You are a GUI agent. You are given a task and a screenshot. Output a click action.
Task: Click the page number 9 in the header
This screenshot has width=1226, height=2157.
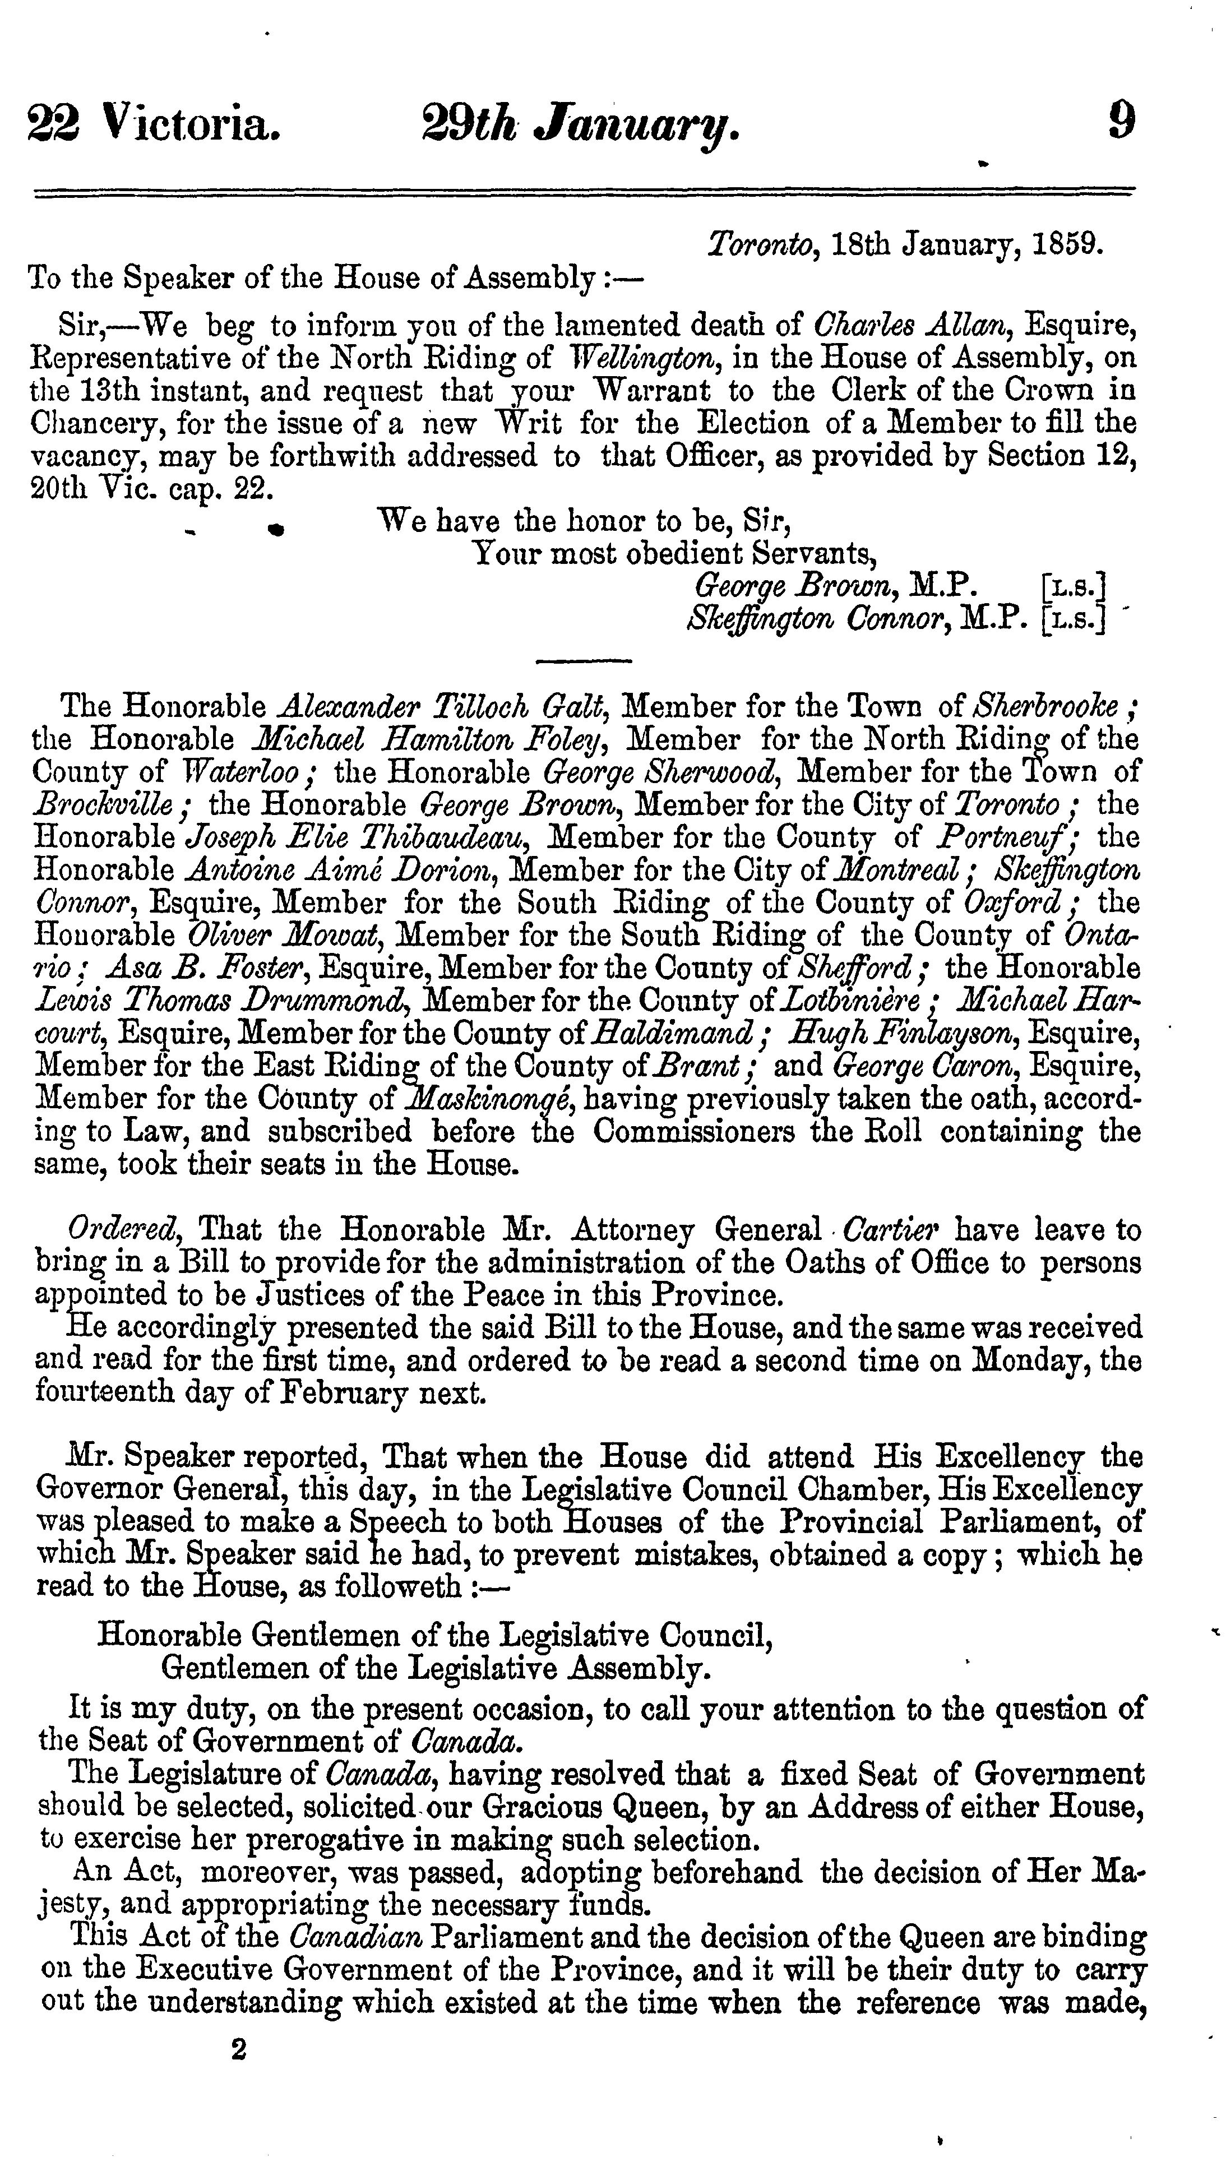click(1121, 121)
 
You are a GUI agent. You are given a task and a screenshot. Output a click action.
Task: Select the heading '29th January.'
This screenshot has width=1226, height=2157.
click(581, 124)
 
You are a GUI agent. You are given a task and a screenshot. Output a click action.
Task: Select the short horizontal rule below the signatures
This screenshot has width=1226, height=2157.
click(584, 660)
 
